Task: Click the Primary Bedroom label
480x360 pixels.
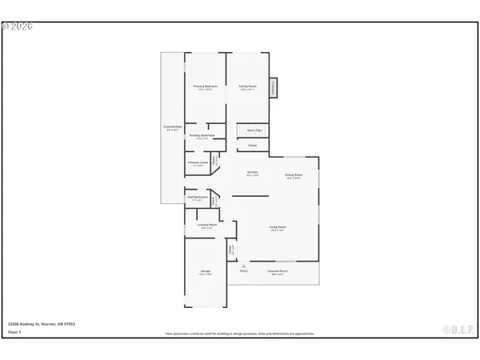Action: (x=206, y=86)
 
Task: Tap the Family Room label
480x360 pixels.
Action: (x=247, y=86)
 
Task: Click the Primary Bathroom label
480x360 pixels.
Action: (x=201, y=137)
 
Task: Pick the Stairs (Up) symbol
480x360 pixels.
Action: (x=254, y=130)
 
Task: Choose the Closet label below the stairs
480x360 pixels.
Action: (x=252, y=146)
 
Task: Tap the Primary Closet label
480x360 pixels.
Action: (x=198, y=163)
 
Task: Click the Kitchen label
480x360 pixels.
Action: (x=252, y=172)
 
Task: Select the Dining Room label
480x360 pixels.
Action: (x=294, y=175)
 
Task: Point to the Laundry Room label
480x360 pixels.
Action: (x=207, y=226)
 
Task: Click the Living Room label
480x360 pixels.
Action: (x=278, y=228)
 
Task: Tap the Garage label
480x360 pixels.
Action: (x=206, y=272)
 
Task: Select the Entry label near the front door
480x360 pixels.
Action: (x=244, y=271)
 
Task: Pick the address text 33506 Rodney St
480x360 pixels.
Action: (x=40, y=325)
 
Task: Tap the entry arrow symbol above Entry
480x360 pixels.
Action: (x=244, y=265)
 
